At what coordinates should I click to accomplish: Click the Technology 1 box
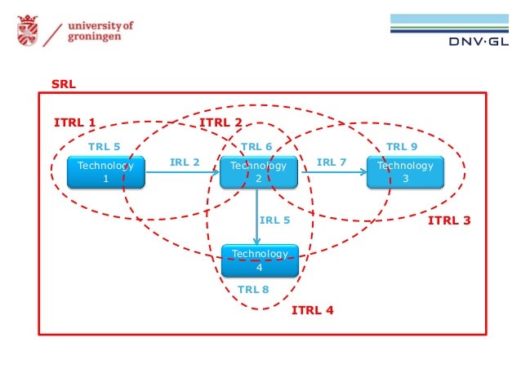click(105, 172)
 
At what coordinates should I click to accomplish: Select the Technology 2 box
click(258, 172)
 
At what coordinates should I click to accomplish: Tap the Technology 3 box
click(405, 172)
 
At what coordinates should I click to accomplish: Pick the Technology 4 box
click(260, 260)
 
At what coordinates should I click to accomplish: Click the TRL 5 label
click(104, 147)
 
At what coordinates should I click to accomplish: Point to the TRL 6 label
click(256, 147)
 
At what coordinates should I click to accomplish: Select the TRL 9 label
click(402, 147)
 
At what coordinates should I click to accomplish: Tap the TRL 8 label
click(253, 289)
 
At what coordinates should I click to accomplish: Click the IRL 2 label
click(185, 162)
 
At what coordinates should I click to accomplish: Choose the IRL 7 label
click(332, 162)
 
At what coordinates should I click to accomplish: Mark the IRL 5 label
click(274, 220)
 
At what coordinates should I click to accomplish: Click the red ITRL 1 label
click(74, 122)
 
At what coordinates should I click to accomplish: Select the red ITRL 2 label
click(220, 122)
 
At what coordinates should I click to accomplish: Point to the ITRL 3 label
click(450, 220)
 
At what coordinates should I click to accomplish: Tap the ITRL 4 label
click(313, 310)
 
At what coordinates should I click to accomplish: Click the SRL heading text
click(63, 84)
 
